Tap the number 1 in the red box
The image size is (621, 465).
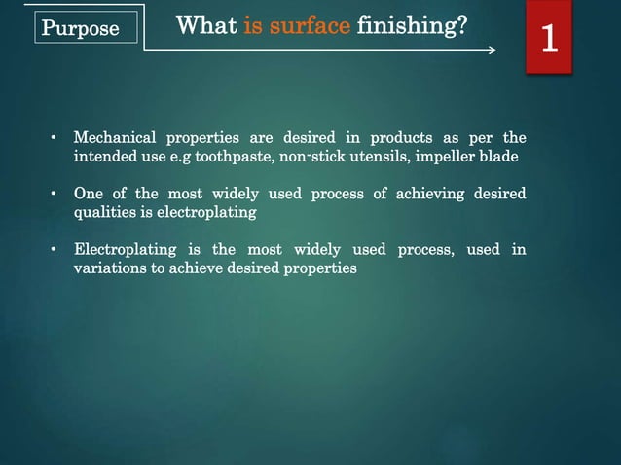coord(549,40)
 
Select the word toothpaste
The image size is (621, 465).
coord(237,156)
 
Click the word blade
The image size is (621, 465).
coord(508,156)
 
